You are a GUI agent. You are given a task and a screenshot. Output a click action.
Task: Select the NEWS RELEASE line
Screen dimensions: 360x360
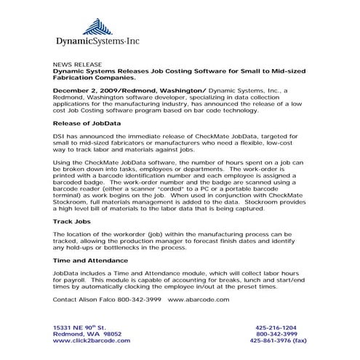77,65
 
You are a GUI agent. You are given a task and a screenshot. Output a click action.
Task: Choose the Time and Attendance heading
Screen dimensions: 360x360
91,260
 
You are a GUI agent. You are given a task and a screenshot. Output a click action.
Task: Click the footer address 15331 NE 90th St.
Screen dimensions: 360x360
80,328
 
